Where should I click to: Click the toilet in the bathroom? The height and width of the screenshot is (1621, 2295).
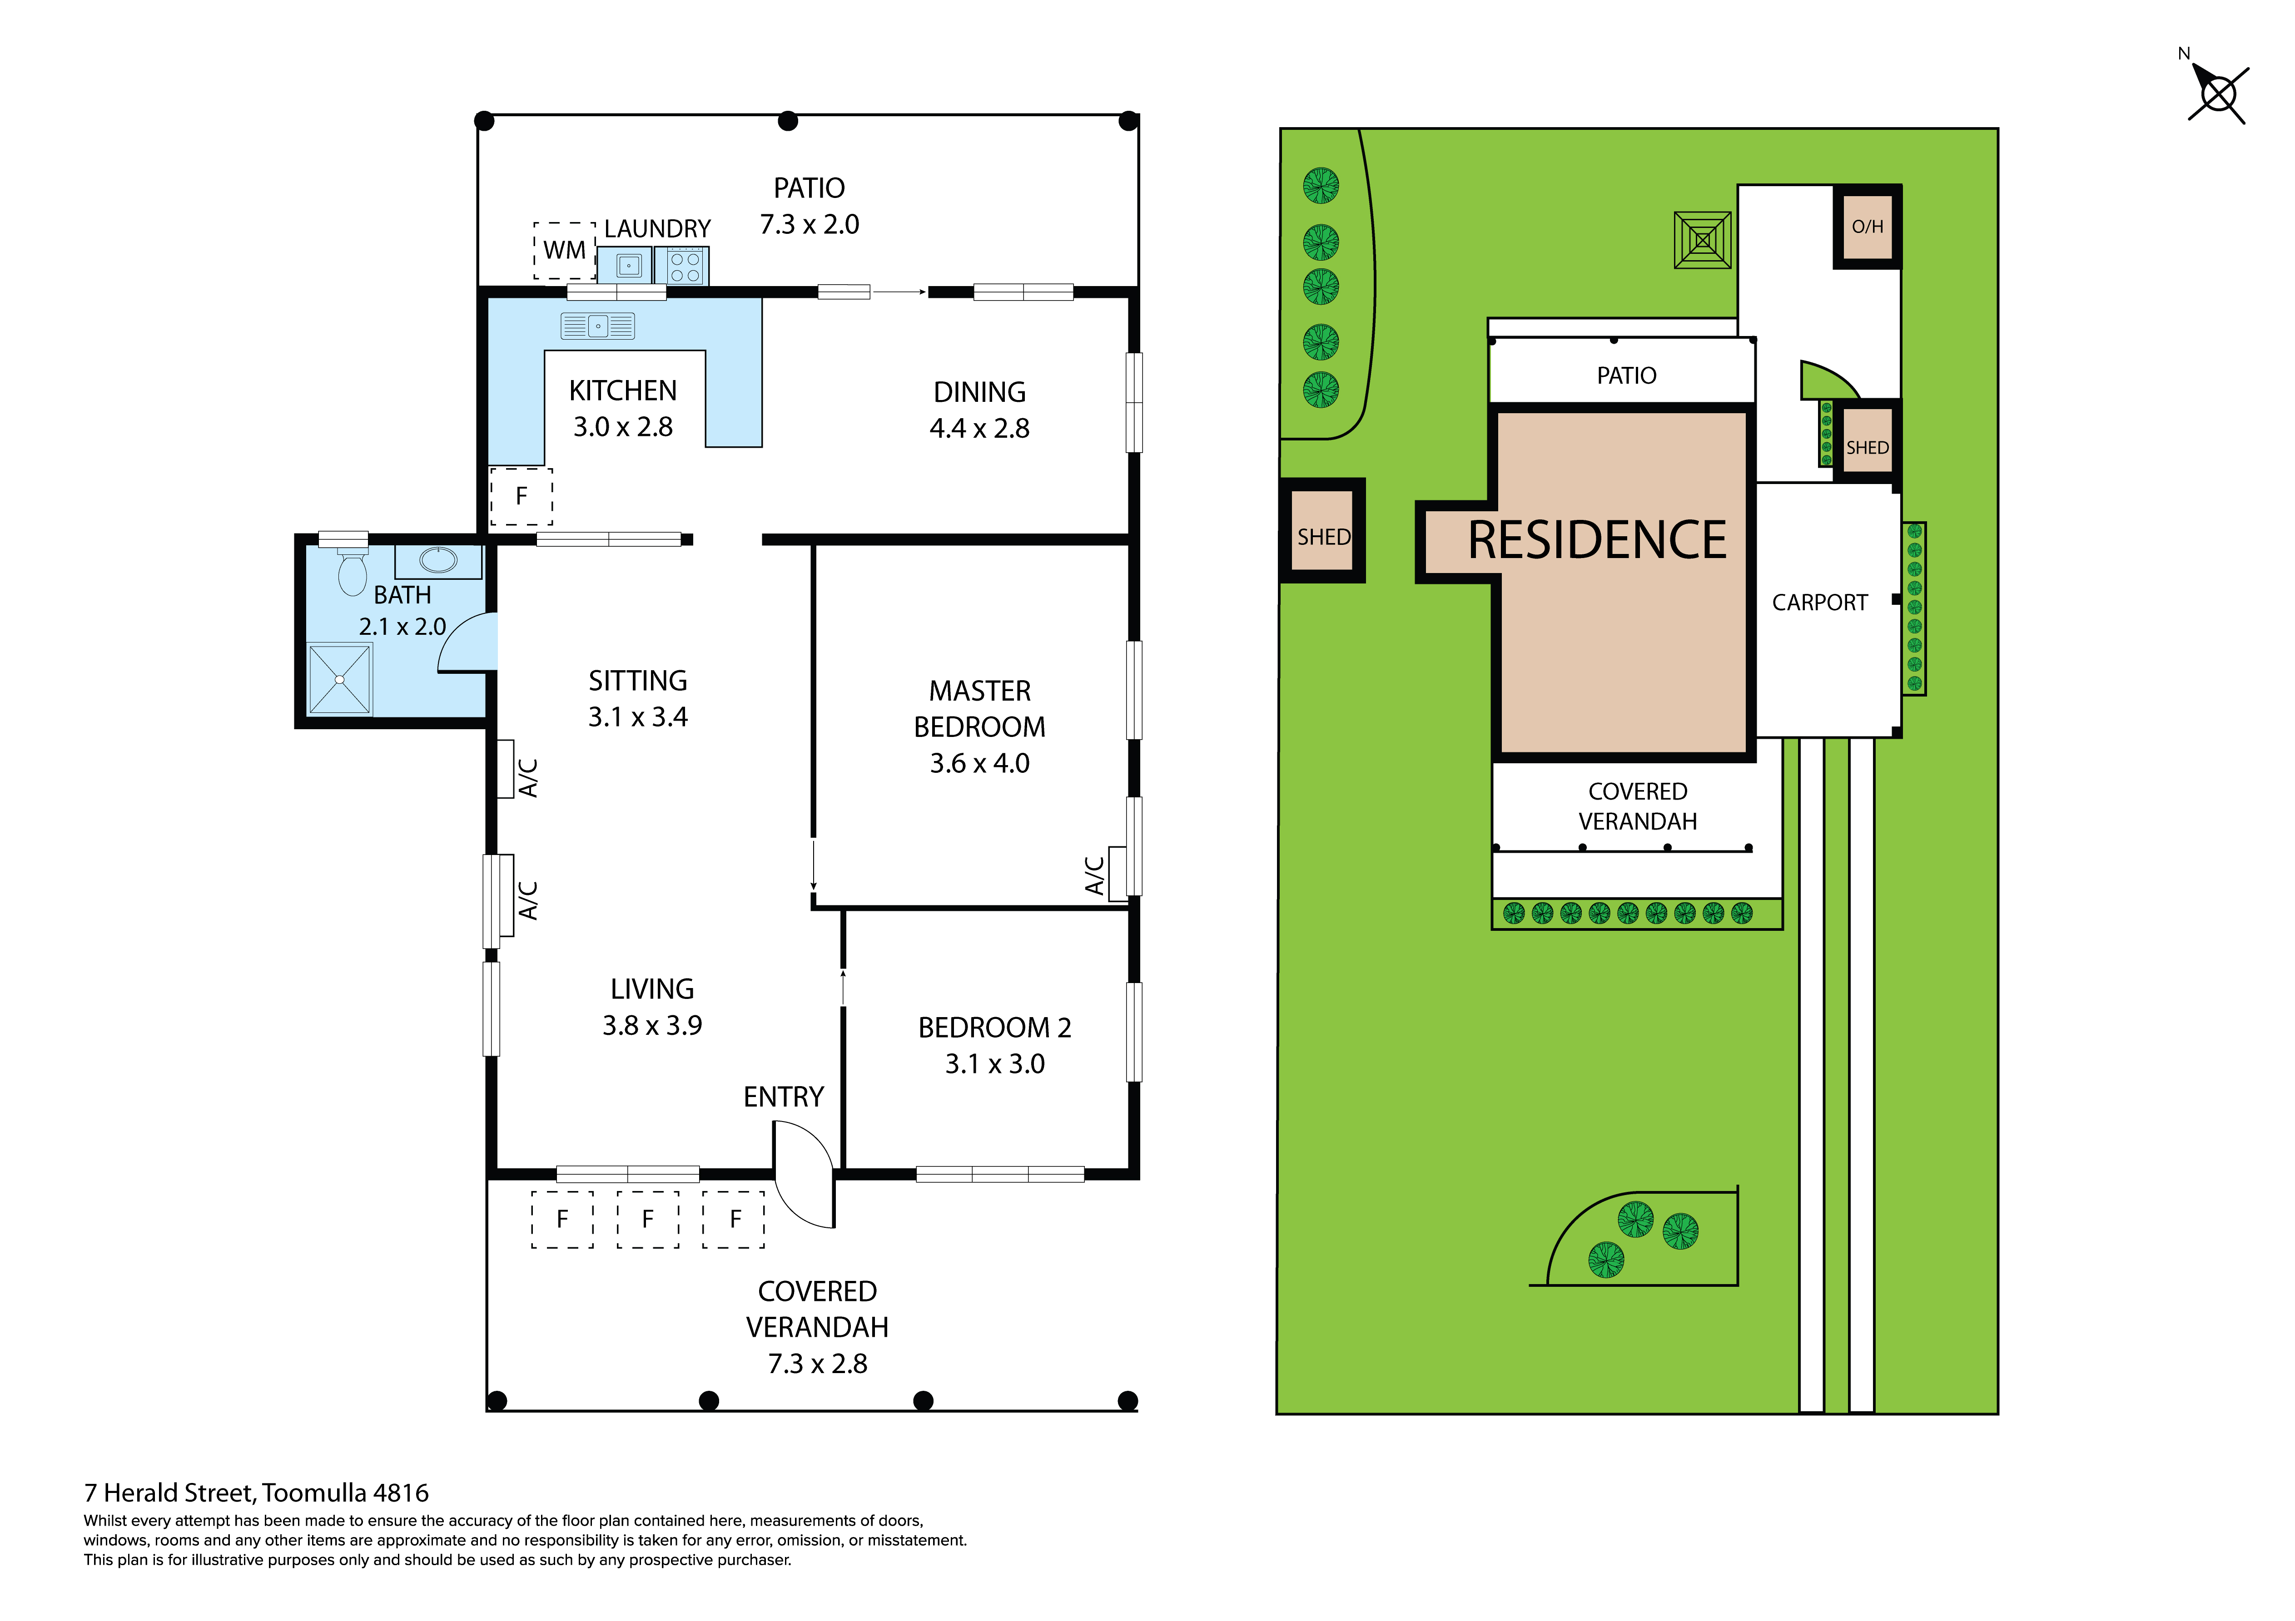tap(352, 570)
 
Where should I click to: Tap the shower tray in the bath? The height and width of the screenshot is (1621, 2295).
tap(340, 680)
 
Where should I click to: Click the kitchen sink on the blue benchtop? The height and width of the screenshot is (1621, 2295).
tap(598, 326)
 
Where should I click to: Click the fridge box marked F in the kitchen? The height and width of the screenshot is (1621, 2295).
tap(521, 496)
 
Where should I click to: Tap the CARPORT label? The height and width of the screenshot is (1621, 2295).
tap(1819, 603)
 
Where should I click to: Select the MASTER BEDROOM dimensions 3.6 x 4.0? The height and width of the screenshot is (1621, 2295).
tap(979, 764)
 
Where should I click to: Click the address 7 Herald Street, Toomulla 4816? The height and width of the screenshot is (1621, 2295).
tap(257, 1493)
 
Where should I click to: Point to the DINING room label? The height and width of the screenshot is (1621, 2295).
tap(979, 392)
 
